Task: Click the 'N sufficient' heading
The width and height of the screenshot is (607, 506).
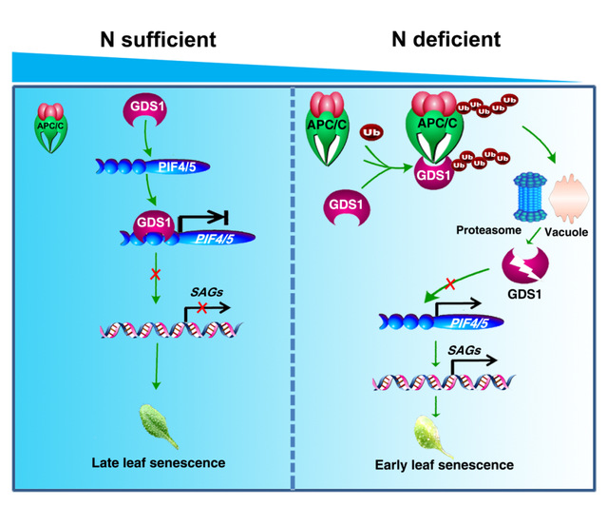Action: pos(158,39)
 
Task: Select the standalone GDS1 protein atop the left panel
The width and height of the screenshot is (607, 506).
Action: pos(142,113)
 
